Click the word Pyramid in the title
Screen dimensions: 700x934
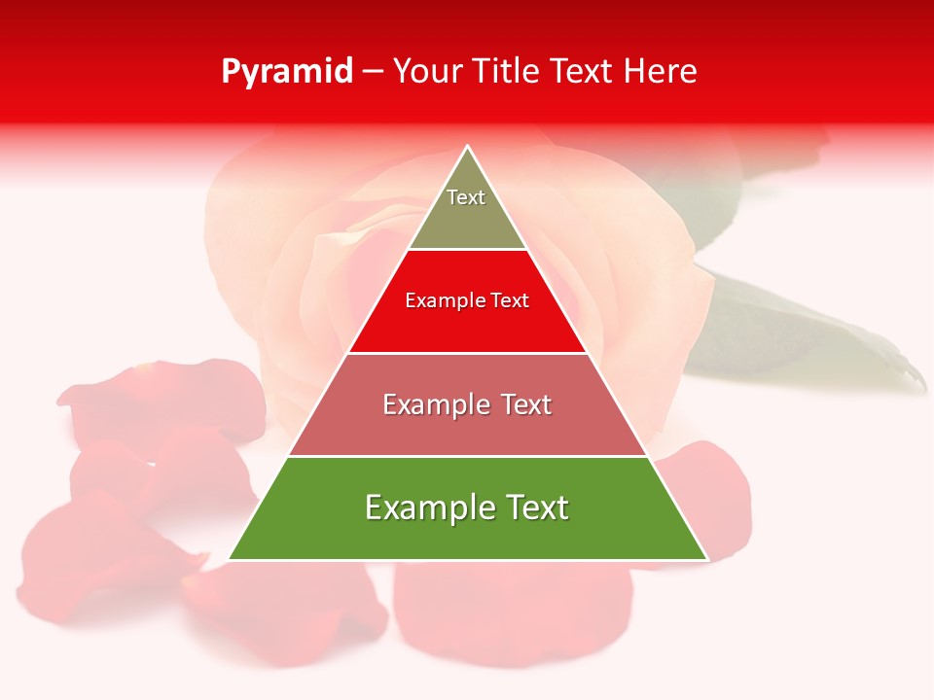(x=287, y=72)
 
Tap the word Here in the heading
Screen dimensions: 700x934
(x=660, y=72)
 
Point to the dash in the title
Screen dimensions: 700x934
(x=373, y=72)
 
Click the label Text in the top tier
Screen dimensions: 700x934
(x=466, y=197)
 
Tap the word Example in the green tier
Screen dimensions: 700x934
(x=428, y=507)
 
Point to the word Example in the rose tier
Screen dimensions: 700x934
(x=433, y=404)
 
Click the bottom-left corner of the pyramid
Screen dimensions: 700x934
(x=230, y=559)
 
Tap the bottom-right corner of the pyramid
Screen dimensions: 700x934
(x=706, y=559)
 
